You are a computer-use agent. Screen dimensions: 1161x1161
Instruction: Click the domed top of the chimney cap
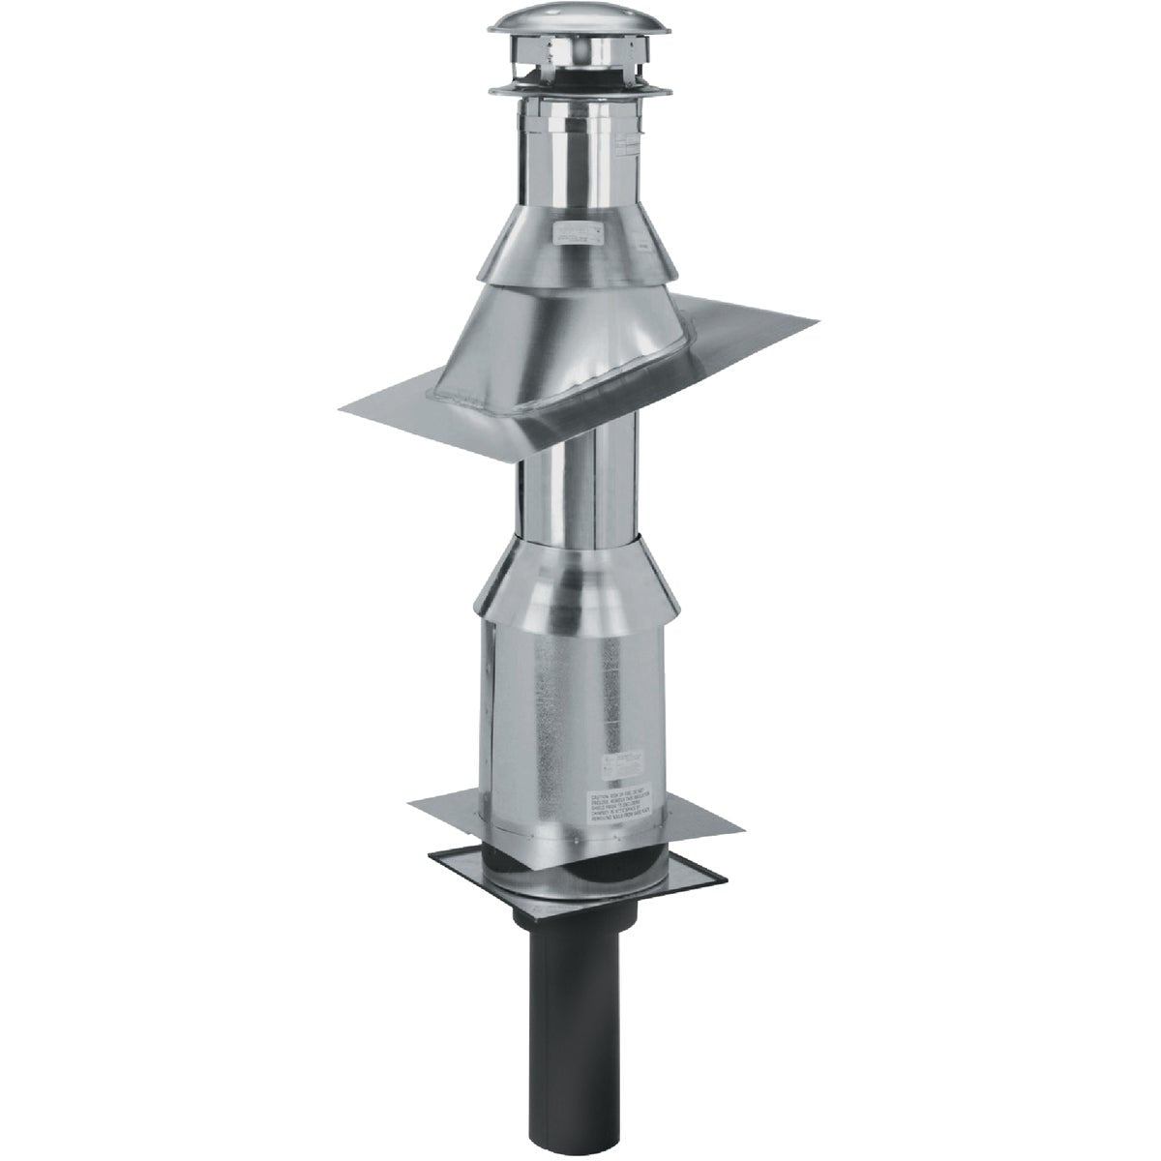tap(580, 29)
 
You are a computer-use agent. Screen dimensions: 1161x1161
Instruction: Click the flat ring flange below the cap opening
tap(580, 91)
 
